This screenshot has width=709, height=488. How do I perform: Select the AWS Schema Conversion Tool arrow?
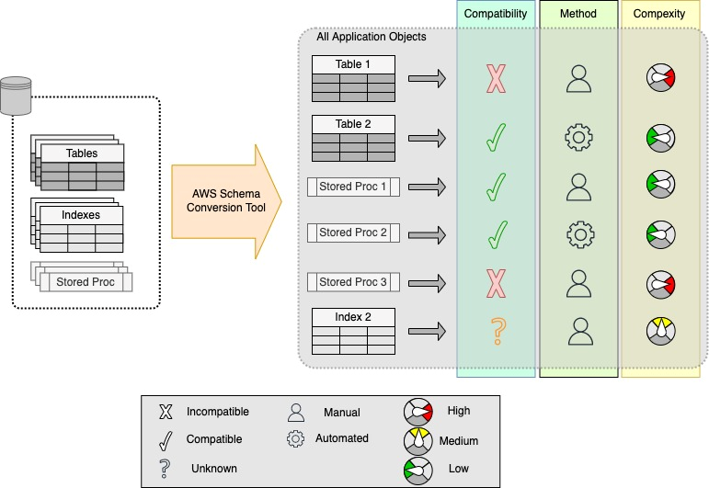pyautogui.click(x=224, y=200)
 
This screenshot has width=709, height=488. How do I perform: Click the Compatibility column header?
pyautogui.click(x=495, y=14)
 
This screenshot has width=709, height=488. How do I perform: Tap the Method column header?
pyautogui.click(x=578, y=14)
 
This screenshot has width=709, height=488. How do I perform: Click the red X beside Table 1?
pyautogui.click(x=496, y=80)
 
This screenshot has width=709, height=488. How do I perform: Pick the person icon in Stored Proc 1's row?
pyautogui.click(x=578, y=187)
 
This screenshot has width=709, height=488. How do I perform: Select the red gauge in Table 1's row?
pyautogui.click(x=662, y=80)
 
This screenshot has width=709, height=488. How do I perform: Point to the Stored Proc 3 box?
pyautogui.click(x=353, y=282)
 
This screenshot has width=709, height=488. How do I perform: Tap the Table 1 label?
pyautogui.click(x=353, y=64)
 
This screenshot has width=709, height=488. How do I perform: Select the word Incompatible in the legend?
pyautogui.click(x=217, y=412)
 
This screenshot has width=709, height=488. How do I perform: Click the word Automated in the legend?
pyautogui.click(x=341, y=438)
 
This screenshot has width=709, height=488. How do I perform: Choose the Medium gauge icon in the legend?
pyautogui.click(x=419, y=440)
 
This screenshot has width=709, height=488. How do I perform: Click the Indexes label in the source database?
pyautogui.click(x=81, y=215)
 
